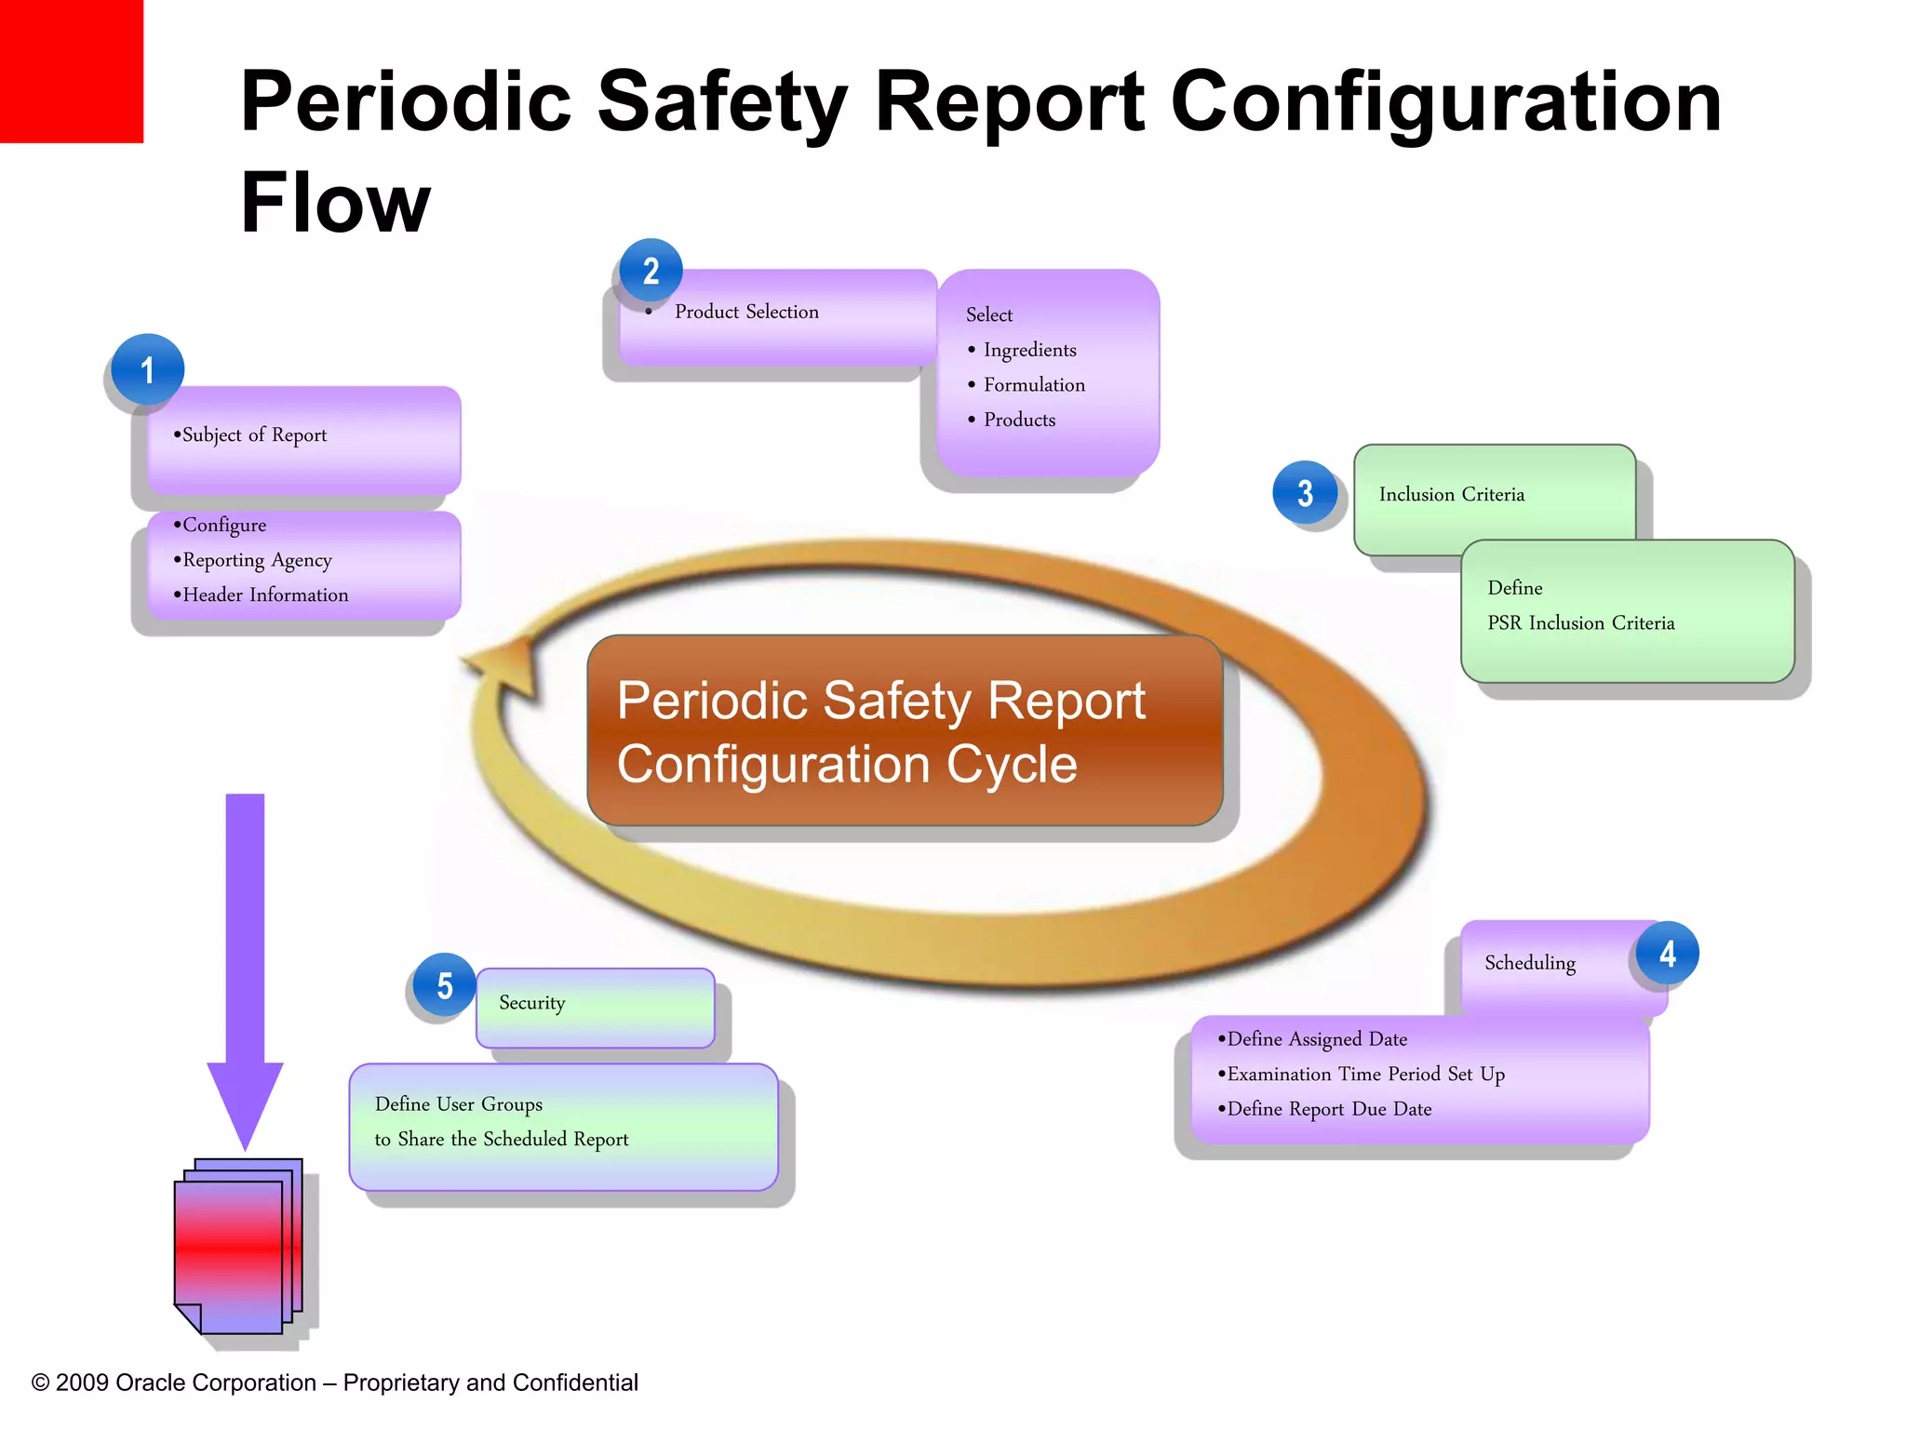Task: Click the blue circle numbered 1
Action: click(147, 369)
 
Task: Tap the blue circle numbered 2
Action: click(651, 271)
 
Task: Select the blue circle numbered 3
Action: click(1305, 492)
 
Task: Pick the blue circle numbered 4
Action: click(1667, 953)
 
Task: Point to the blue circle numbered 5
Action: click(444, 985)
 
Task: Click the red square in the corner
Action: click(71, 71)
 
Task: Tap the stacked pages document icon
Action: click(238, 1247)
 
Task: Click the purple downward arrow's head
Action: click(245, 1102)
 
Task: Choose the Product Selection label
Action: click(746, 312)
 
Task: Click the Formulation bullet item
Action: click(1033, 384)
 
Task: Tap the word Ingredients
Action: click(1029, 350)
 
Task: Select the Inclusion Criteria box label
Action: click(1451, 494)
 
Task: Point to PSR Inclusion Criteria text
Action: click(1580, 622)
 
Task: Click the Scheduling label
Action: click(1529, 962)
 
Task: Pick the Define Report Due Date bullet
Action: click(1328, 1108)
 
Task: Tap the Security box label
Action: click(531, 1002)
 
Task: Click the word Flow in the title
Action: click(335, 203)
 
